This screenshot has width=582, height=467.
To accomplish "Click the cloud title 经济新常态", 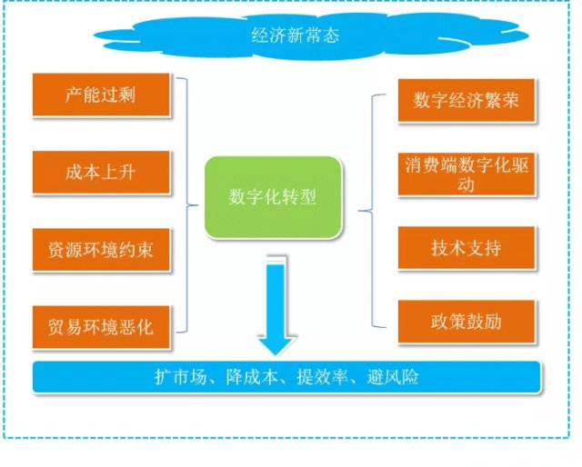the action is (295, 35).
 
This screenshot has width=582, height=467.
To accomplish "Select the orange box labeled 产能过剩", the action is (101, 94).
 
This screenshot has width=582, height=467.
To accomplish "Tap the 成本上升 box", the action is (101, 172).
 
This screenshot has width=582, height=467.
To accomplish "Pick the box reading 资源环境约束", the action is (101, 250).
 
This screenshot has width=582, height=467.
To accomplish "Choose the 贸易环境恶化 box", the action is (101, 327).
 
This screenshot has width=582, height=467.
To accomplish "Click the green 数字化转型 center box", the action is (273, 197).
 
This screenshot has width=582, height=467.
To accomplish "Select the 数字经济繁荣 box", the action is (467, 100).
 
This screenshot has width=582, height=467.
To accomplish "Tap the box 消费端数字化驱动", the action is (467, 174).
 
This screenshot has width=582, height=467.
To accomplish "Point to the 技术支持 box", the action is (467, 247).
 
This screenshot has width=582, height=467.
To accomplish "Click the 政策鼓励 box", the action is (467, 322).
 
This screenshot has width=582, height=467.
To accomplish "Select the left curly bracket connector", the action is (186, 204).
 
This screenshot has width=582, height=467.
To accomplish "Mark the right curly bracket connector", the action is (372, 211).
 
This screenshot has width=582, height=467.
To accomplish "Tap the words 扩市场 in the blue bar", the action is (180, 377).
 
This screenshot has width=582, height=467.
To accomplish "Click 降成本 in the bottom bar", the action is (252, 377).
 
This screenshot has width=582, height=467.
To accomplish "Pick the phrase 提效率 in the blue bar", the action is (322, 377).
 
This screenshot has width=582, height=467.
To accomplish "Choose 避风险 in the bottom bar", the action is (393, 377).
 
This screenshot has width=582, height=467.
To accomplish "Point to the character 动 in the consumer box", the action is (467, 184).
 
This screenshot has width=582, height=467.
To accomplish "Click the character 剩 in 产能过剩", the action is (127, 94).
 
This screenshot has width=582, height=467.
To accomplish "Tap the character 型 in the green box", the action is (308, 197).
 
